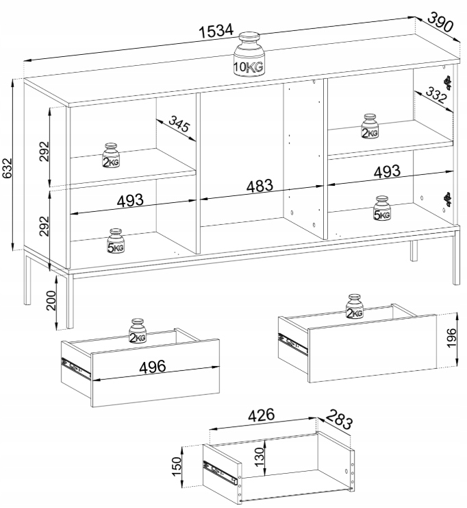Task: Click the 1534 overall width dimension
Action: pyautogui.click(x=216, y=31)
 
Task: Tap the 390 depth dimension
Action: pyautogui.click(x=440, y=22)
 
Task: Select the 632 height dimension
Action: pyautogui.click(x=6, y=168)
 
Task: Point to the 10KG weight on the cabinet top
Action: pyautogui.click(x=249, y=54)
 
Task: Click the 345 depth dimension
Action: pyautogui.click(x=179, y=124)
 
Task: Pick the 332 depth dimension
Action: pyautogui.click(x=436, y=95)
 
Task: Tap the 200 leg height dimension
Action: pyautogui.click(x=51, y=300)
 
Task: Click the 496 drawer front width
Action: pyautogui.click(x=153, y=367)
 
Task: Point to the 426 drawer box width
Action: pyautogui.click(x=261, y=415)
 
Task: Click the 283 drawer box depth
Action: pyautogui.click(x=338, y=419)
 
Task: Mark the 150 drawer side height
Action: pyautogui.click(x=177, y=467)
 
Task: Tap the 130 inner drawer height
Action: pyautogui.click(x=260, y=457)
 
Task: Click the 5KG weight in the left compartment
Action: pyautogui.click(x=116, y=241)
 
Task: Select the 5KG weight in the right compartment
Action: pyautogui.click(x=382, y=208)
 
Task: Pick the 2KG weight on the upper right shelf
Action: pyautogui.click(x=369, y=126)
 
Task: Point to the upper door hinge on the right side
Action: pyautogui.click(x=447, y=82)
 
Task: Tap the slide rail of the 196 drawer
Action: pyautogui.click(x=292, y=344)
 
